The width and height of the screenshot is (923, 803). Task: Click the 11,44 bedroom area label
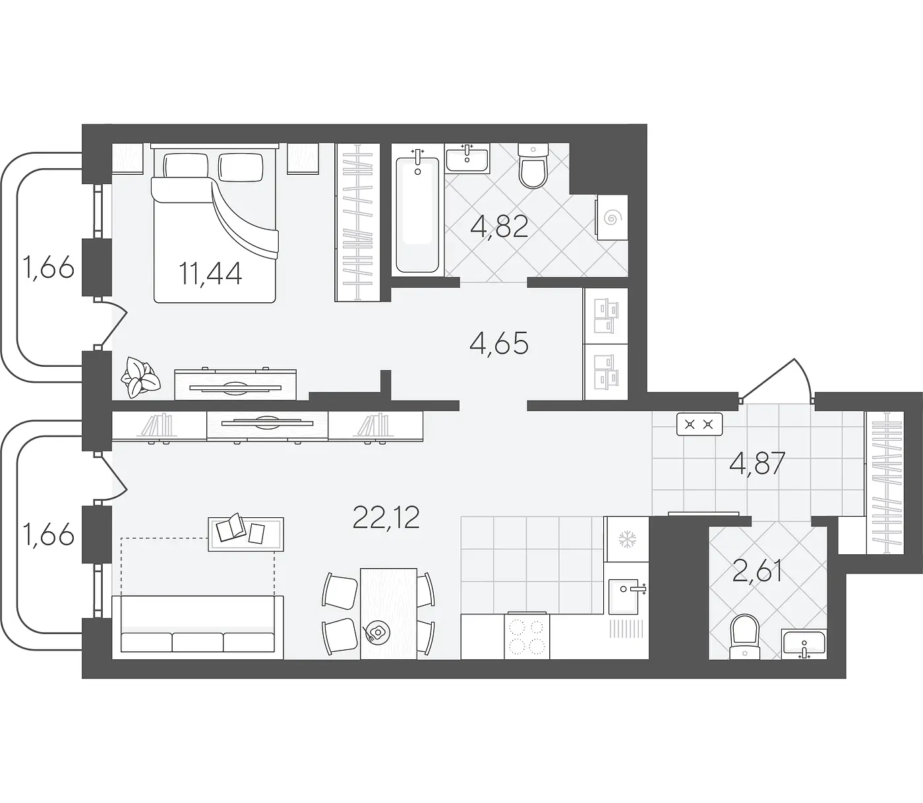(x=210, y=274)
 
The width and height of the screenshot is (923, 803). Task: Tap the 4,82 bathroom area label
(x=499, y=226)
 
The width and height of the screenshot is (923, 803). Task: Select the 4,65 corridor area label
(x=498, y=344)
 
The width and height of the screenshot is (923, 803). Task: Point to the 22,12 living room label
(x=386, y=517)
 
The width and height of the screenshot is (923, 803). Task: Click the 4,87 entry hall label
(x=758, y=464)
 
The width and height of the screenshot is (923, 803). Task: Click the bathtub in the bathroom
(x=417, y=214)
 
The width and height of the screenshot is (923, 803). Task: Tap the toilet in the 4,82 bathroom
(x=533, y=165)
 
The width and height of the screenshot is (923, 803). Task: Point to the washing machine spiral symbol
(x=610, y=219)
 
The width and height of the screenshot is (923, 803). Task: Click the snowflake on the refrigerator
(x=626, y=539)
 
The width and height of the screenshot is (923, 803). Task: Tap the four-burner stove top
(x=527, y=637)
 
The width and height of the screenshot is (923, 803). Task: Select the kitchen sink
(x=624, y=597)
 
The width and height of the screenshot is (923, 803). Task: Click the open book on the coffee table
(x=231, y=527)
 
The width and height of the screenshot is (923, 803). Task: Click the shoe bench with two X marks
(x=700, y=424)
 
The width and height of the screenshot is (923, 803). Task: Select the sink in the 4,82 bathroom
(x=467, y=158)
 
